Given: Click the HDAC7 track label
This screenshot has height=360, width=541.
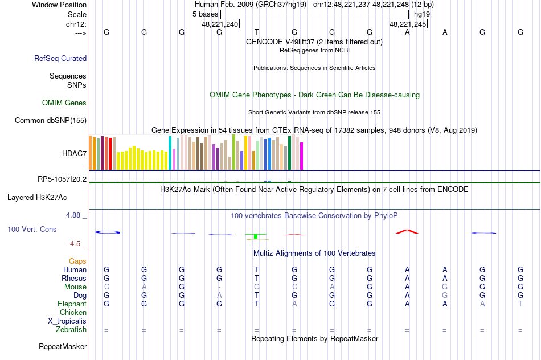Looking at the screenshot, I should pos(74,153).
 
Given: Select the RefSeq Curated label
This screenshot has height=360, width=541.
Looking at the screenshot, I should pos(60,58).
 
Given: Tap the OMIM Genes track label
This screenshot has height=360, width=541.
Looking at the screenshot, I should pos(64,103).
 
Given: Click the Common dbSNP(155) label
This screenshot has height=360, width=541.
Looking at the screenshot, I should pos(51,120).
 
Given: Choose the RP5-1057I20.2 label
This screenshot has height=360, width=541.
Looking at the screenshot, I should pos(62,179).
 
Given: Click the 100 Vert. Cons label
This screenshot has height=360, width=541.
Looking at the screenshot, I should pos(32,229).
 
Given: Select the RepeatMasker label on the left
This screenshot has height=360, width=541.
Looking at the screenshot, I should pos(63,346).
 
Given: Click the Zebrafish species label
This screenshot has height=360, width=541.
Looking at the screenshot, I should pos(71,329).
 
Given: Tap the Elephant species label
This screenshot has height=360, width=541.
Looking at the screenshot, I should pos(72,304).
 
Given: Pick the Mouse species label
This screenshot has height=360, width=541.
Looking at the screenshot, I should pos(75,287).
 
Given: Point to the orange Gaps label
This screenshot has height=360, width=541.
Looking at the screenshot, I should pos(77,261).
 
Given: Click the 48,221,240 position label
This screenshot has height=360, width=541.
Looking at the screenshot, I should pos(220,24).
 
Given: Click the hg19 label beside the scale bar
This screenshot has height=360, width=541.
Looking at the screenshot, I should pos(422,13).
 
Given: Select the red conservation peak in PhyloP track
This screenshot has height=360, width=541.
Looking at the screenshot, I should pos(407,231).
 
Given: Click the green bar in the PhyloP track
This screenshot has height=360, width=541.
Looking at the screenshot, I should pos(256,236).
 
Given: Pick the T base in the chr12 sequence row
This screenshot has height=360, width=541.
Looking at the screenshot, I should pos(257,32).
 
